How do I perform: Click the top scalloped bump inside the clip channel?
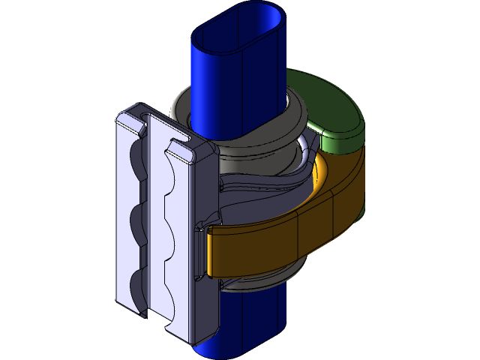(x=175, y=176)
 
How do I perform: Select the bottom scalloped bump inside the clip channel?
(x=175, y=281)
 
